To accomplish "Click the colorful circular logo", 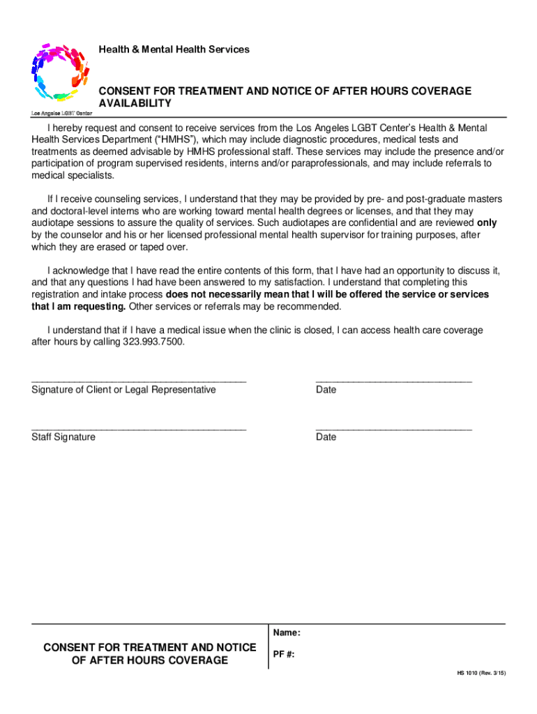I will pos(60,71).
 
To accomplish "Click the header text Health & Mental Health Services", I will pos(174,50).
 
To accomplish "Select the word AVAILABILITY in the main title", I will pos(135,103).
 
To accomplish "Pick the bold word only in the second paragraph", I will pos(486,223).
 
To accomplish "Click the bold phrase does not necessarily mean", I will pos(232,294).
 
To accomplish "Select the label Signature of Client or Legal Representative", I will pos(123,390).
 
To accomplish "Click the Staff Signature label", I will pos(63,437).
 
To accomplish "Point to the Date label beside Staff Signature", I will pos(326,437).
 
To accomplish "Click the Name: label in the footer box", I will pos(287,633).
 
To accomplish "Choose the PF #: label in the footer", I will pos(284,655).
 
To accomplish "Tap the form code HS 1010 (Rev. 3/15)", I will pos(481,673).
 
